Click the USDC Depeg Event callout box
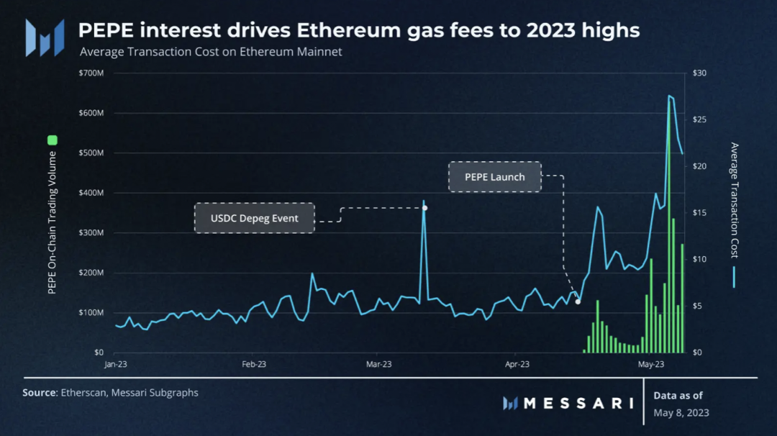click(255, 218)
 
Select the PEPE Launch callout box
click(495, 177)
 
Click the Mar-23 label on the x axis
click(378, 365)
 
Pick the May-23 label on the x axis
click(651, 365)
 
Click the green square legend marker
click(52, 140)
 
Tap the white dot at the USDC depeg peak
click(424, 208)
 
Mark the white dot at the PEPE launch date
click(578, 301)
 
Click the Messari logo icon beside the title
click(45, 37)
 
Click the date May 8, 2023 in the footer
click(681, 412)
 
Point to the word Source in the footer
click(40, 393)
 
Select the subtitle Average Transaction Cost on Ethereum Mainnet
click(211, 52)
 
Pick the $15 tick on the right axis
click(699, 213)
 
